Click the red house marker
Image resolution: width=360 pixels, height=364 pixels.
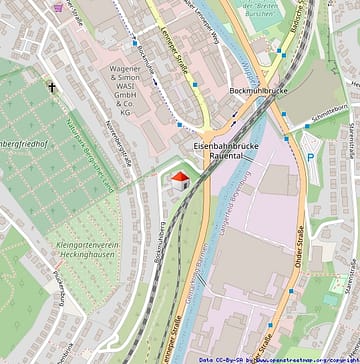(180, 179)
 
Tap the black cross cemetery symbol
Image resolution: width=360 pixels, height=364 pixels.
(52, 88)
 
